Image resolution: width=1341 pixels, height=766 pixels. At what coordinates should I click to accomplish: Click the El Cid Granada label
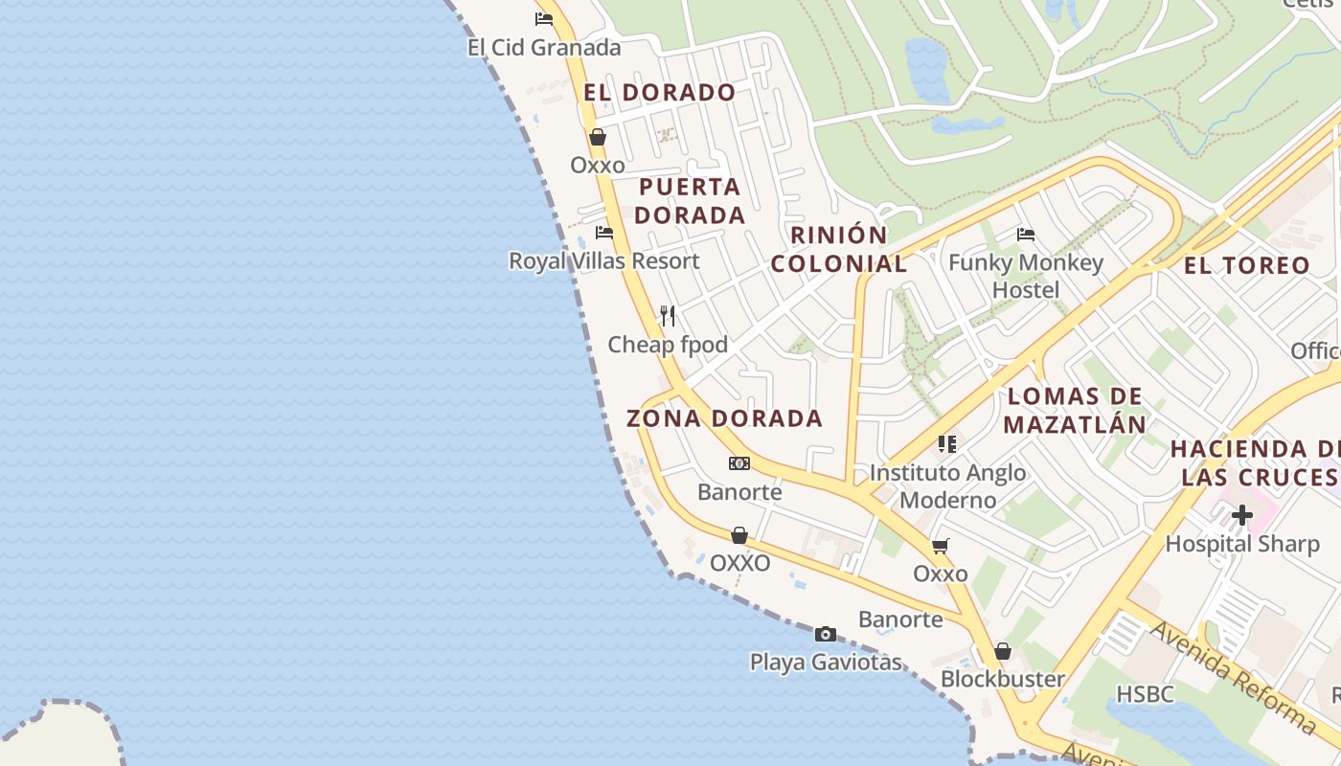pos(544,47)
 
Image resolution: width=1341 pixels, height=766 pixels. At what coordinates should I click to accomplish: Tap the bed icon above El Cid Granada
pos(544,18)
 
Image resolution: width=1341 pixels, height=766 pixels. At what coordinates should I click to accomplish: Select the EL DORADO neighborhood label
pos(660,93)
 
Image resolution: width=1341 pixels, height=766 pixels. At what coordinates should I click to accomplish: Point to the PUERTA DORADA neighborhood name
pos(690,201)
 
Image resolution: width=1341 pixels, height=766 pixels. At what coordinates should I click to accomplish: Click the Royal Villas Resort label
pos(603,260)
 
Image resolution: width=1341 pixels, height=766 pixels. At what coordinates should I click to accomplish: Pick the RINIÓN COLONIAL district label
pos(839,250)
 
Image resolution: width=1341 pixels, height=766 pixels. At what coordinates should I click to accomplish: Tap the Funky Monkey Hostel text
pos(1025,276)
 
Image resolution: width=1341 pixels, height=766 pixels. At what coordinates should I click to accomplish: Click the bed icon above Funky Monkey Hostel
pos(1026,234)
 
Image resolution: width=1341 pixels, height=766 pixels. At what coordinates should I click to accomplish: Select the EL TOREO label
pos(1247,266)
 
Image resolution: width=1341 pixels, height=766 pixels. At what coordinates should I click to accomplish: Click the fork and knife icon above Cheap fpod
pos(668,315)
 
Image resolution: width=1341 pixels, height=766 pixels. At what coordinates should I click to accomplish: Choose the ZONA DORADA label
pos(724,418)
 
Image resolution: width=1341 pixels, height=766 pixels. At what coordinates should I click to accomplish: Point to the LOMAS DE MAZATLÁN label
pos(1075,410)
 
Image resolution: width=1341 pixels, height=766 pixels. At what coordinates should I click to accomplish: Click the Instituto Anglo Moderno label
pos(947,485)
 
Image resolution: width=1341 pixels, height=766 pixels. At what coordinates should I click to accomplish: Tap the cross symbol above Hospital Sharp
pos(1241,515)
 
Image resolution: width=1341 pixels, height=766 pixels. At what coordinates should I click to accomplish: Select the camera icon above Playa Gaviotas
pos(825,634)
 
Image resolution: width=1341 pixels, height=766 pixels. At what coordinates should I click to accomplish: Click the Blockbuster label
pos(1002,679)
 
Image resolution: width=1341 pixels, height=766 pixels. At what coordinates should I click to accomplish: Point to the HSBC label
pos(1145,694)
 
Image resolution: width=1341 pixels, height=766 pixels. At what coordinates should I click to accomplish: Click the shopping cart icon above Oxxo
pos(940,546)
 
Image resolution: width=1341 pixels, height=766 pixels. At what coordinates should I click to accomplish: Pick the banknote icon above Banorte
pos(739,463)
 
